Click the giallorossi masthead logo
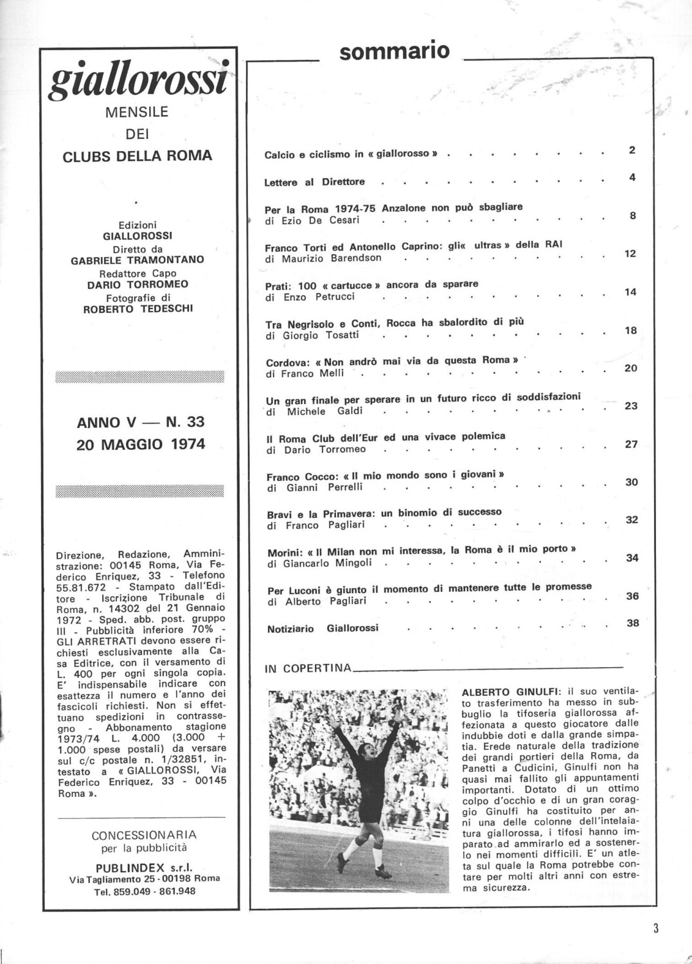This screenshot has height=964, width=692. pos(139,78)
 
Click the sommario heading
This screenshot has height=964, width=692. pos(394,51)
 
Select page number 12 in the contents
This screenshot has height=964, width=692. pos(630,254)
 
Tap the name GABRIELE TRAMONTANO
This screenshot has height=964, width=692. pos(138,260)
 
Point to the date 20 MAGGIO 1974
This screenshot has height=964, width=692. pos(141,444)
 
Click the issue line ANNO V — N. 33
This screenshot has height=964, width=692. pos(140,422)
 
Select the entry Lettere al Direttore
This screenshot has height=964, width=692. pos(314,182)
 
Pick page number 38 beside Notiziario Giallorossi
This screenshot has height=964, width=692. pos(632,623)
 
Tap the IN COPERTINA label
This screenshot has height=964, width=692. pos(308,668)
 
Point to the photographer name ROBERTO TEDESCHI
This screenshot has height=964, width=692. pos(138,308)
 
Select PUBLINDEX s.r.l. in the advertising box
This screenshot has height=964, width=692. pos(144,868)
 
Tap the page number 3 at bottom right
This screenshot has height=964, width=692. pos(655,927)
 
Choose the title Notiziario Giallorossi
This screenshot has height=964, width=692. pos(323,629)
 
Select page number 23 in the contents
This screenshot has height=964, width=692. pos(631,406)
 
